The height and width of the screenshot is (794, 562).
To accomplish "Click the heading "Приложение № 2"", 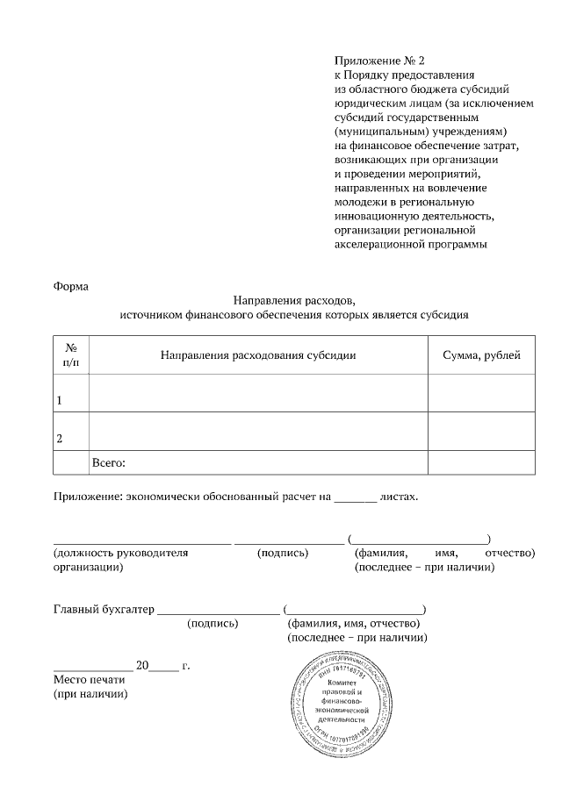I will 378,61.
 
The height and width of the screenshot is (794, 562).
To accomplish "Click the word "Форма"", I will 71,285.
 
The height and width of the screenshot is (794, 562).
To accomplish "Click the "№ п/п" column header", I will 71,354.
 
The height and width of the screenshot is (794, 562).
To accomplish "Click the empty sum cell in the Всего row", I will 481,462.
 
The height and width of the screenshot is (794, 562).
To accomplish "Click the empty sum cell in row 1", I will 481,392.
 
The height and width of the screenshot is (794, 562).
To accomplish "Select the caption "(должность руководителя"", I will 121,554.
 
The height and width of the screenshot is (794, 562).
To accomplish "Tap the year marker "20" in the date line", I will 144,665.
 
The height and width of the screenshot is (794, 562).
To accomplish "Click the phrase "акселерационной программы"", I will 410,244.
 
